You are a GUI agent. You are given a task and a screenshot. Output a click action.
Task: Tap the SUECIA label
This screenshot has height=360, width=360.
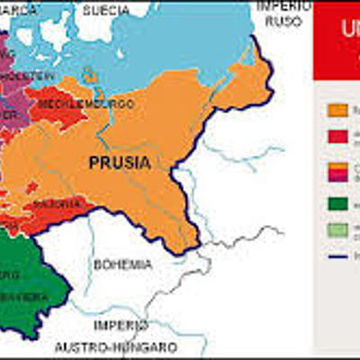click(x=105, y=11)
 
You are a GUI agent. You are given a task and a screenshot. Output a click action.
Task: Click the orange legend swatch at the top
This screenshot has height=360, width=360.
click(x=337, y=110)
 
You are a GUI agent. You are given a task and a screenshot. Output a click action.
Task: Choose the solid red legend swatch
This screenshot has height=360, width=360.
click(x=337, y=136)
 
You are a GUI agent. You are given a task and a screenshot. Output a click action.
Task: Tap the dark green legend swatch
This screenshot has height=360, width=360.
click(x=337, y=204)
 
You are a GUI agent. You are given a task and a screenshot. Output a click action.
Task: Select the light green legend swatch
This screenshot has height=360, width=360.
click(x=337, y=230)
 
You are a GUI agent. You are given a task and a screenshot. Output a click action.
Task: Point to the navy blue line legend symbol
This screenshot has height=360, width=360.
click(x=337, y=256)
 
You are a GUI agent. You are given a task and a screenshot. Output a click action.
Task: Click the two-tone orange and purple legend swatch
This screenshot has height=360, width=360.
click(x=337, y=171)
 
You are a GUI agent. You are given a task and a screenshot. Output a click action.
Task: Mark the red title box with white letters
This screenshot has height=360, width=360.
click(x=337, y=40)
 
